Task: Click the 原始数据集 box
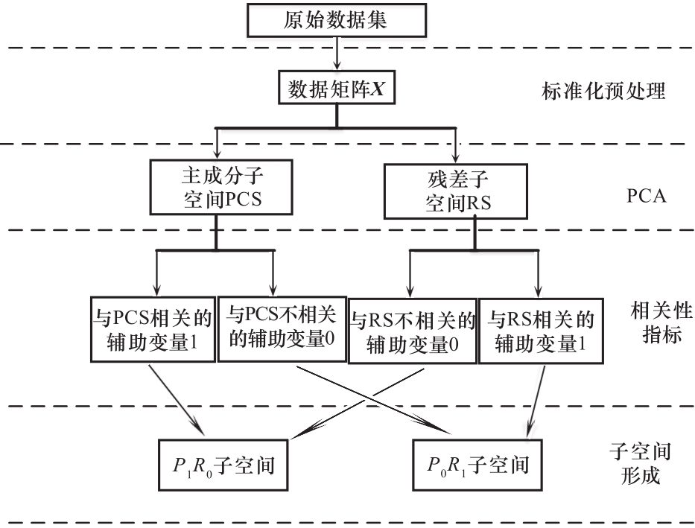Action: tap(336, 20)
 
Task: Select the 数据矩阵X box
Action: tap(336, 89)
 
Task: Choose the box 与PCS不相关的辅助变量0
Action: tap(282, 328)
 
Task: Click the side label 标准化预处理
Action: tap(603, 92)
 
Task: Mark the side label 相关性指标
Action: tap(656, 322)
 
